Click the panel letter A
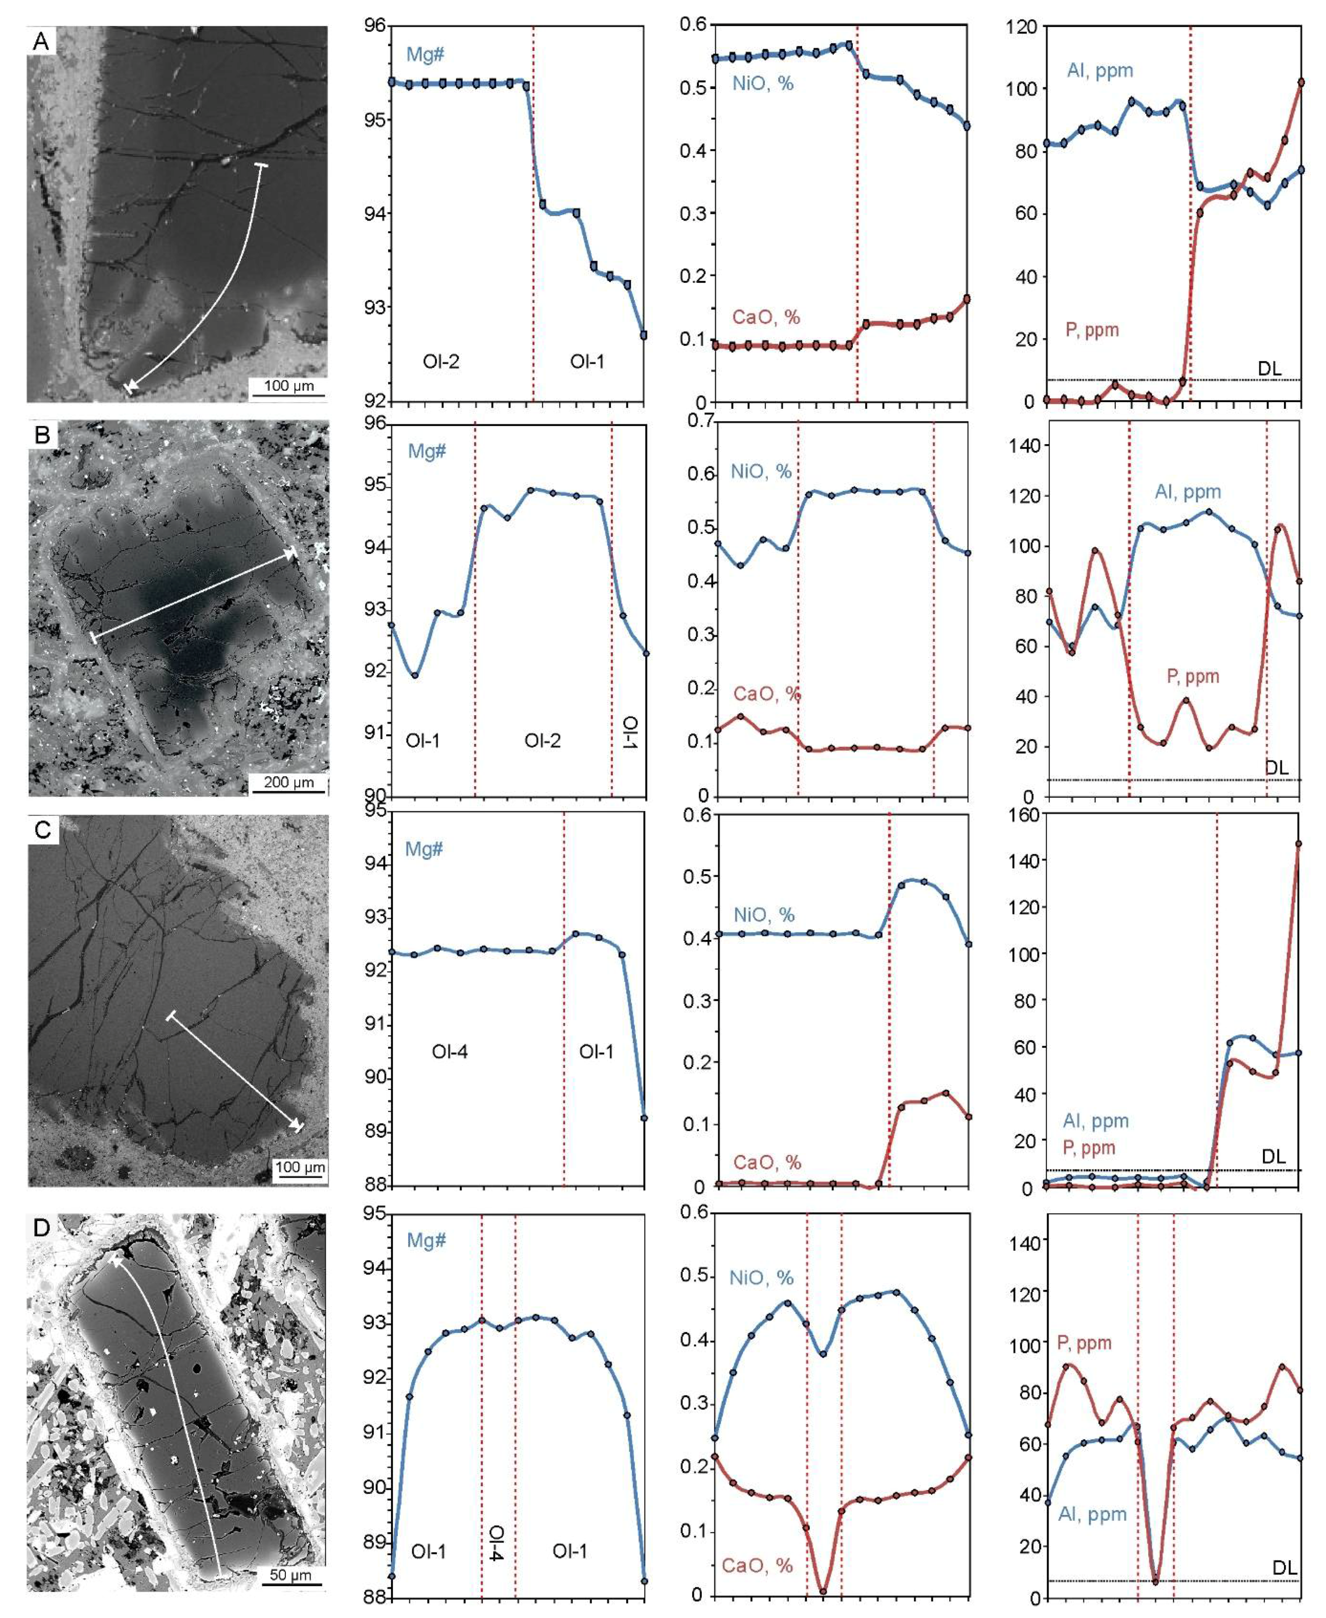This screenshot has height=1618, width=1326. point(41,41)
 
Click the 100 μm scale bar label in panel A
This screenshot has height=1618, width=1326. point(289,386)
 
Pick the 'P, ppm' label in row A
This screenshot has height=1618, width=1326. point(1092,331)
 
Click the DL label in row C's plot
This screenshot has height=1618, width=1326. point(1273,1156)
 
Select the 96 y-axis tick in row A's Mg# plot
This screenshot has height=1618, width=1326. point(374,27)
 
